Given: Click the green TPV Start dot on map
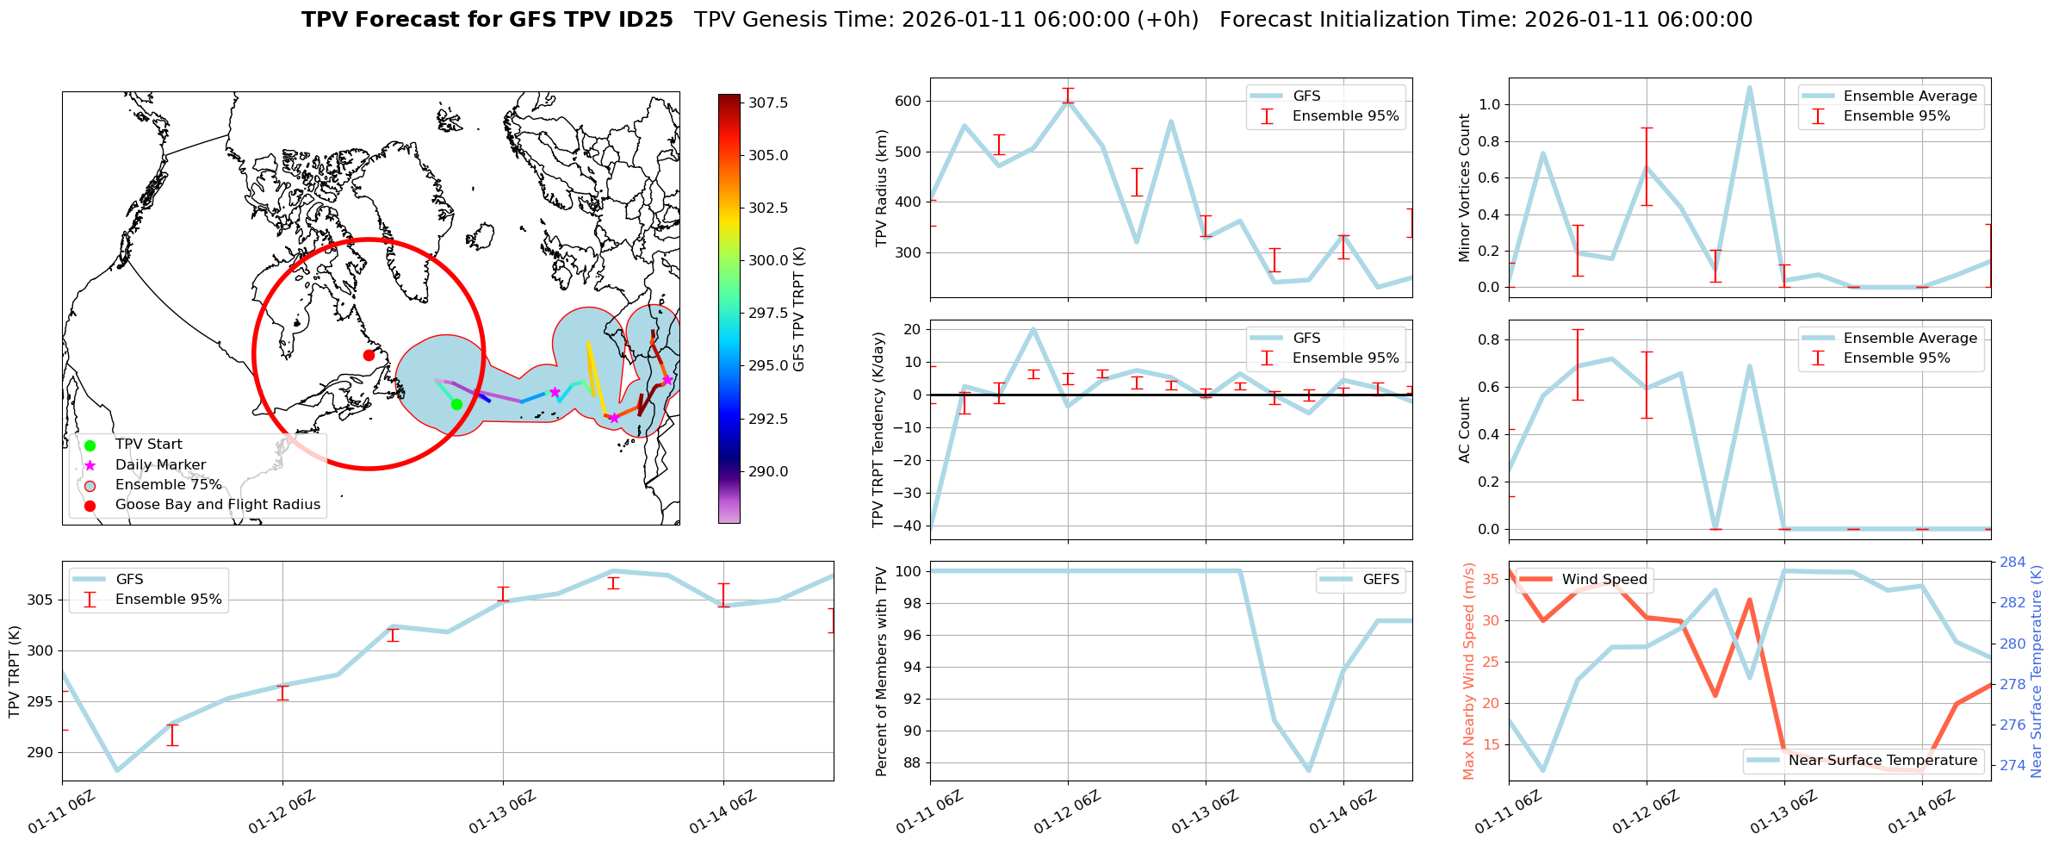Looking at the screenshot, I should pos(456,404).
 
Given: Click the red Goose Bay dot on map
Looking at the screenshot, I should pos(369,355).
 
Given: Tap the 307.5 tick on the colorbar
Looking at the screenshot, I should pos(768,103).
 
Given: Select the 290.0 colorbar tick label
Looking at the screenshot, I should pos(768,471).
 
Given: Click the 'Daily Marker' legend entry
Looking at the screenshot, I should pos(160,465).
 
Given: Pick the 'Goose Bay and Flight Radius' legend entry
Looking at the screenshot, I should pos(217,505).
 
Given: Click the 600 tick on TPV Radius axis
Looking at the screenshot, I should pos(908,101).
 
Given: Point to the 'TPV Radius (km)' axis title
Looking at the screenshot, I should pos(881,188).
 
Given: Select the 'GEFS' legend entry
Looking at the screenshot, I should pos(1380,580).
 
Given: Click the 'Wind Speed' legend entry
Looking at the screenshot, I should pos(1603,580).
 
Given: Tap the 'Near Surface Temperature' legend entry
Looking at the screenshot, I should pos(1882,761).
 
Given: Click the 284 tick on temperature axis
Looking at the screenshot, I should pos(2013,563).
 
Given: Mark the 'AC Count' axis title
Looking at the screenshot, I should pos(1464,430).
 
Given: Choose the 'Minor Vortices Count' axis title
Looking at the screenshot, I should pos(1464,188).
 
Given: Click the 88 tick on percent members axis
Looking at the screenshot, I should pos(913,763).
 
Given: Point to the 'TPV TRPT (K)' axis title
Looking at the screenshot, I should pos(14,672).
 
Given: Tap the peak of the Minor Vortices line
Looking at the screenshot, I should pos(1749,87).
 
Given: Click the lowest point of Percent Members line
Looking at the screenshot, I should pos(1309,770).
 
